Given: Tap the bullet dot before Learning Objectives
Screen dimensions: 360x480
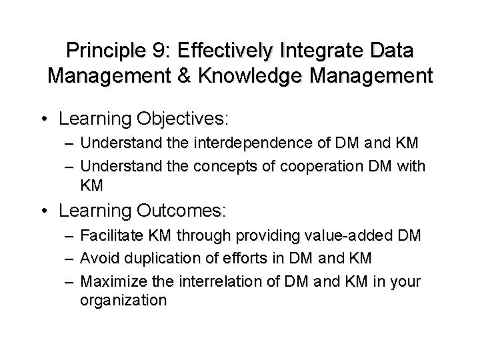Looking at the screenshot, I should tap(45, 120).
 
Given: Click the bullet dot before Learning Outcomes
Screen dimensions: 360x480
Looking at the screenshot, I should tap(45, 212).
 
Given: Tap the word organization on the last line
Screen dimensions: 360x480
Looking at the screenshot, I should tap(123, 301).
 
